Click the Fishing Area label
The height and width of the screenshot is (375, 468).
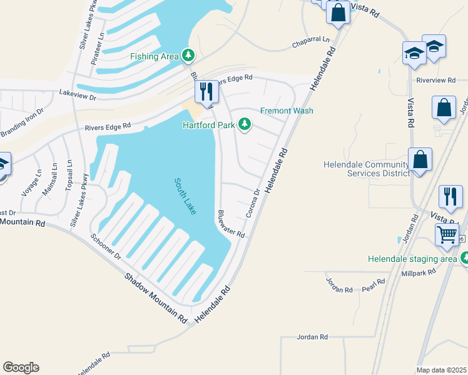click(155, 56)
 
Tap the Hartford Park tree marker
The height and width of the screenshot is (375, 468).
click(246, 125)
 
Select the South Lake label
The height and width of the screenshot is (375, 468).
click(185, 196)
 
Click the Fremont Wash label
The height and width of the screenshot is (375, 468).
click(287, 111)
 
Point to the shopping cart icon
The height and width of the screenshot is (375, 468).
click(447, 236)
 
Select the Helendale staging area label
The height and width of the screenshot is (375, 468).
click(413, 258)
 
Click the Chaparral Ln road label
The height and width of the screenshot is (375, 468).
click(311, 42)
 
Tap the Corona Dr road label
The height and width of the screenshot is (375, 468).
click(253, 203)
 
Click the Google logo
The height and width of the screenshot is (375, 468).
click(21, 367)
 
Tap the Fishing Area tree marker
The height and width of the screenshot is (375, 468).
click(188, 56)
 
